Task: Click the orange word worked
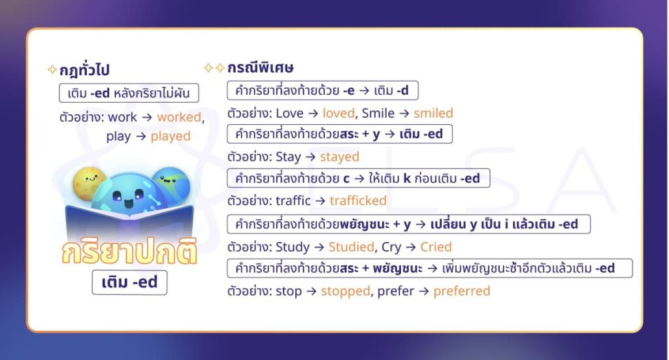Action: pos(178,118)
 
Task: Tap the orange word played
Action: pos(171,137)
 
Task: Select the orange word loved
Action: pos(338,113)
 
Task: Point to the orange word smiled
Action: pos(433,113)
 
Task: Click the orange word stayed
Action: pos(340,157)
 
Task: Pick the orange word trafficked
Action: pos(358,201)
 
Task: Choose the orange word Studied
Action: pos(352,247)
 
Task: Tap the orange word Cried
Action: pos(436,247)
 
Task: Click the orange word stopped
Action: pos(346,291)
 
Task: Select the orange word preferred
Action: pos(462,291)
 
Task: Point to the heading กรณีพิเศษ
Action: pos(260,67)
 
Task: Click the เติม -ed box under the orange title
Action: pos(129,284)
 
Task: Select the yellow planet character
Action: pos(90,182)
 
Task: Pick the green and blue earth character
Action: pos(171,184)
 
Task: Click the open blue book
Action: pos(129,222)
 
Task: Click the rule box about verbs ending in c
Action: pos(358,178)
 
